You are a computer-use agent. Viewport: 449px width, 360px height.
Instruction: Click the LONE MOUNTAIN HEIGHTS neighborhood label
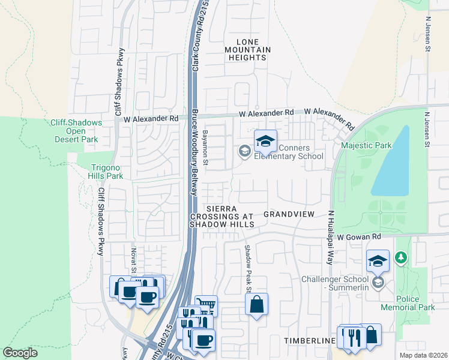[247, 49]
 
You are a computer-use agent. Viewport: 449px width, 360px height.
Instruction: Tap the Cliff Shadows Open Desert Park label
[76, 131]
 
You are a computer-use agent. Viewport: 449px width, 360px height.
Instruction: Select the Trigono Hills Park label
[98, 172]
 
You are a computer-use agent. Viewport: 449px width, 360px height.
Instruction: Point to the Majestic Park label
[366, 145]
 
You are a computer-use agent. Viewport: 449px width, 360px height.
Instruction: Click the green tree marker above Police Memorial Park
[402, 258]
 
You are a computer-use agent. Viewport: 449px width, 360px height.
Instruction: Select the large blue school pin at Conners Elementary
[265, 142]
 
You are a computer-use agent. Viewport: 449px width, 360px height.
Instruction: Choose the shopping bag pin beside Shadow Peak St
[257, 304]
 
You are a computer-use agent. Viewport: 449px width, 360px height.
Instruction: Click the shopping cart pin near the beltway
[205, 306]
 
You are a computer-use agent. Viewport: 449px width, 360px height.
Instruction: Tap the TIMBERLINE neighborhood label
[309, 341]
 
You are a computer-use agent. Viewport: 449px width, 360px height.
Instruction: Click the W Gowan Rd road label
[358, 238]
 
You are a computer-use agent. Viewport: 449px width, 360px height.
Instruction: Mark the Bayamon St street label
[205, 148]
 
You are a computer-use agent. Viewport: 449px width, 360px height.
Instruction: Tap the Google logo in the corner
[20, 353]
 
